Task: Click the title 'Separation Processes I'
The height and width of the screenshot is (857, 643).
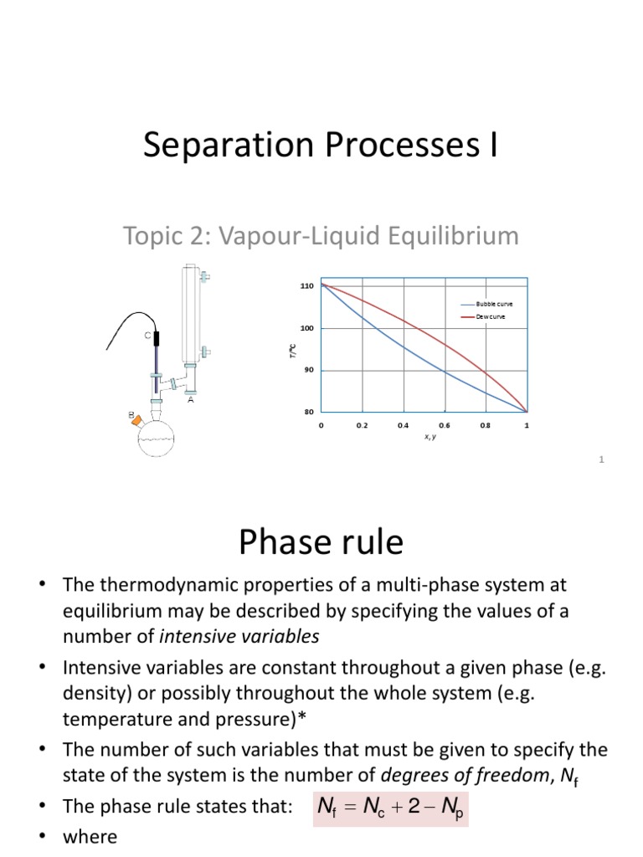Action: (321, 146)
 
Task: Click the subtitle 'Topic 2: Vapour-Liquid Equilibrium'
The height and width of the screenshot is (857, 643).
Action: (321, 237)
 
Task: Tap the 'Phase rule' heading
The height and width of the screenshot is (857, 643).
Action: (321, 543)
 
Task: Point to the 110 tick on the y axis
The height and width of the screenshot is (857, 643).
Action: (307, 286)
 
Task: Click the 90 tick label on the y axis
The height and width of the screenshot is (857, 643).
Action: (307, 370)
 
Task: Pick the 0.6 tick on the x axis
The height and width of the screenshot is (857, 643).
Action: (445, 425)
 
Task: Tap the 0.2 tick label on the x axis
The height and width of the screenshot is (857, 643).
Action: (363, 425)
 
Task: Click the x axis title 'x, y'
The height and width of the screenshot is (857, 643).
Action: (424, 436)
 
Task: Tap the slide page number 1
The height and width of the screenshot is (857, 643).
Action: (602, 459)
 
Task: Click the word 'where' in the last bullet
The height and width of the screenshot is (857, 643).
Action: (90, 837)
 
